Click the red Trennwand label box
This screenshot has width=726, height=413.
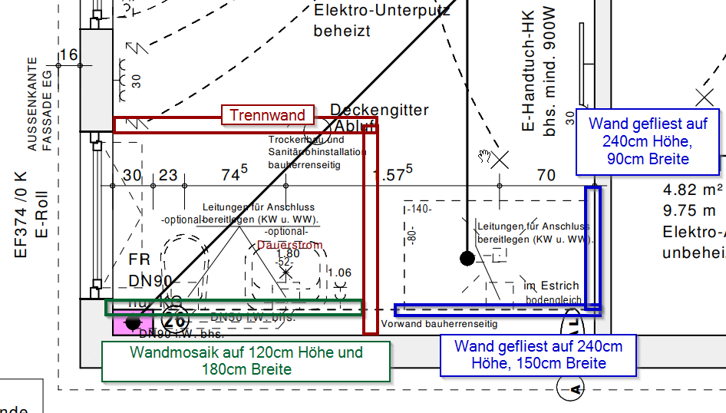pyautogui.click(x=268, y=115)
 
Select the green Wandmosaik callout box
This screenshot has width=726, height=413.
pyautogui.click(x=246, y=361)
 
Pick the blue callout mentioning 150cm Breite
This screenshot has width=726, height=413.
pyautogui.click(x=538, y=355)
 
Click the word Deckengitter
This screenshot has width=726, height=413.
pyautogui.click(x=379, y=111)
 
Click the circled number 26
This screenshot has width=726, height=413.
pyautogui.click(x=176, y=321)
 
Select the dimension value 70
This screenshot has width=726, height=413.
pyautogui.click(x=546, y=176)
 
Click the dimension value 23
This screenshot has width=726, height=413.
pyautogui.click(x=168, y=176)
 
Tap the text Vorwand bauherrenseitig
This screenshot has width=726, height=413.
pyautogui.click(x=434, y=323)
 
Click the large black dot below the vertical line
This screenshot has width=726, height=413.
pyautogui.click(x=467, y=258)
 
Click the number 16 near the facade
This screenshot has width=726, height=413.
pyautogui.click(x=68, y=55)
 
